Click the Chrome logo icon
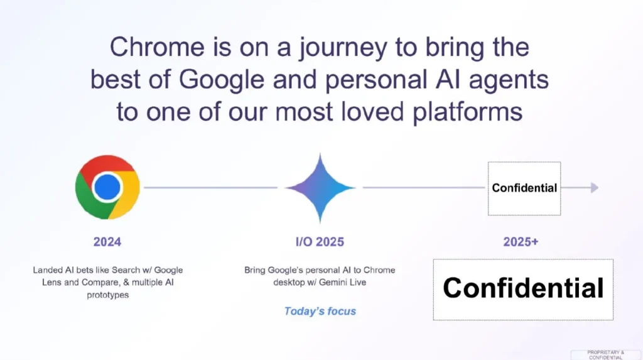[107, 187]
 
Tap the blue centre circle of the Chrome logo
[107, 187]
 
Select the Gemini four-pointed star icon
[320, 187]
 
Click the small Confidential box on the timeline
[524, 188]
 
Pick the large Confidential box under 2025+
[523, 289]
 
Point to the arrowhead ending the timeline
[594, 187]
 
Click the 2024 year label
[107, 241]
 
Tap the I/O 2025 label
[320, 242]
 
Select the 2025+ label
[521, 242]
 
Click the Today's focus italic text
[320, 311]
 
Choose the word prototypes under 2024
[107, 294]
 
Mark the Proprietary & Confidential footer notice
[605, 354]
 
